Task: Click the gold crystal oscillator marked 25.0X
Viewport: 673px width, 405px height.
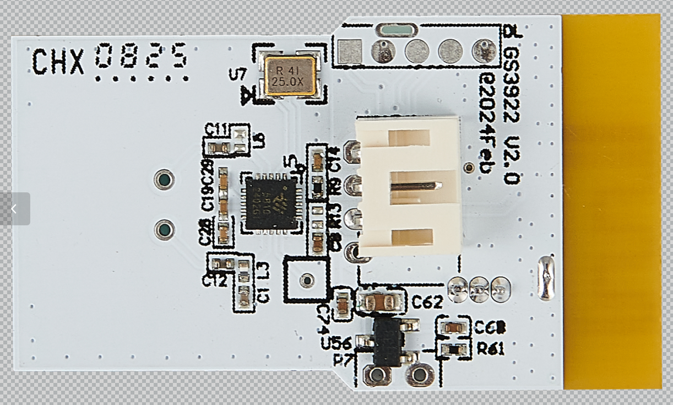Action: coord(290,76)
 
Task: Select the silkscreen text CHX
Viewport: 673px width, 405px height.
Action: coord(58,61)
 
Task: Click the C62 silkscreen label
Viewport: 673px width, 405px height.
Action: coord(427,302)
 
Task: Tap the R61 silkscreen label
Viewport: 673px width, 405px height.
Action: coord(491,349)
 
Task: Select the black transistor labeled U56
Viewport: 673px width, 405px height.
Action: coord(388,342)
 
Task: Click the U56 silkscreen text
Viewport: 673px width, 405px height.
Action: coord(336,343)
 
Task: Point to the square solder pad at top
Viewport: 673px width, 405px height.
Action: coord(350,51)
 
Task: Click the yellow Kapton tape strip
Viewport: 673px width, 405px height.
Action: coord(611,201)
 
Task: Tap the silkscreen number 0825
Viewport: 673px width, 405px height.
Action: coord(142,57)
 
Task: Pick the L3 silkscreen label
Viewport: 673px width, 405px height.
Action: coord(264,269)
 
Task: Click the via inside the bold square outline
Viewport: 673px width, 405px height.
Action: coord(307,280)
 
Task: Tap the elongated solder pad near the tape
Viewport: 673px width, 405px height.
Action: coord(546,278)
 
